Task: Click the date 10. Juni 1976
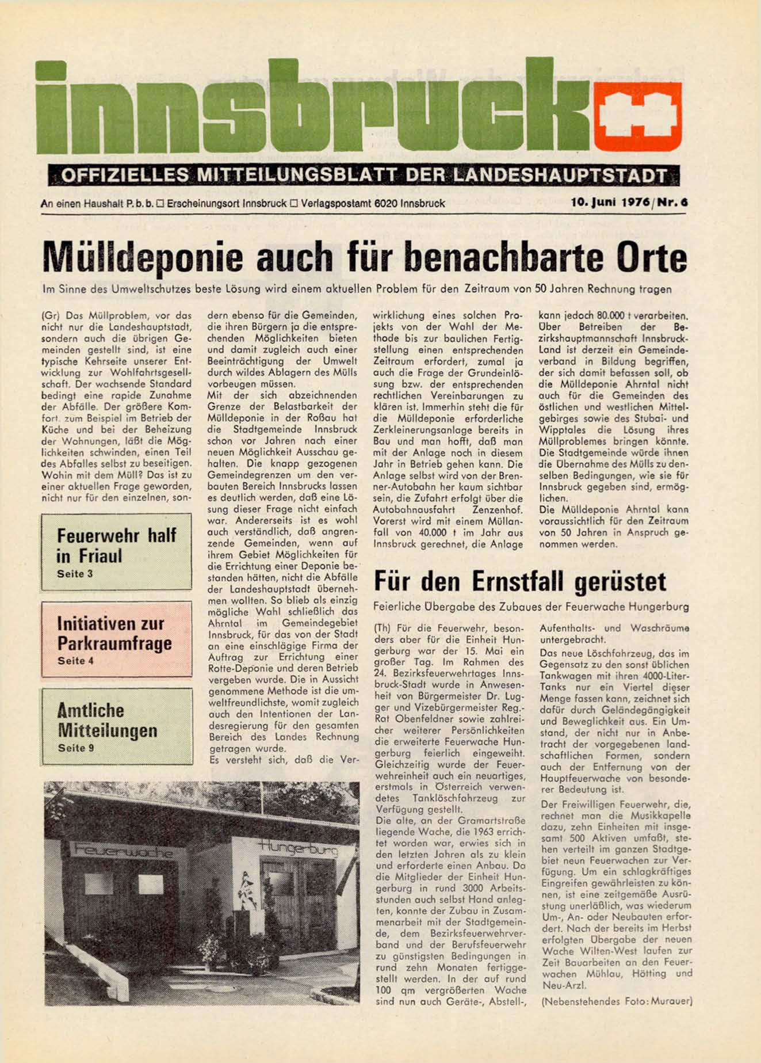pyautogui.click(x=610, y=203)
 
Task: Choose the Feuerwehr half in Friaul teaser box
pyautogui.click(x=116, y=551)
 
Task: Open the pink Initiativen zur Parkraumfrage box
pyautogui.click(x=116, y=639)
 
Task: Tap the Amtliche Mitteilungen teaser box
pyautogui.click(x=116, y=726)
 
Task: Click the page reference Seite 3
pyautogui.click(x=75, y=574)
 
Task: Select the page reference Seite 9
pyautogui.click(x=75, y=748)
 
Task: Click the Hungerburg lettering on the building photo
pyautogui.click(x=298, y=847)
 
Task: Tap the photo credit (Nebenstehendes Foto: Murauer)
pyautogui.click(x=617, y=1001)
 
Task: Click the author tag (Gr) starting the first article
pyautogui.click(x=51, y=316)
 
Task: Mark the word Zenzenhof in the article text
pyautogui.click(x=498, y=510)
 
